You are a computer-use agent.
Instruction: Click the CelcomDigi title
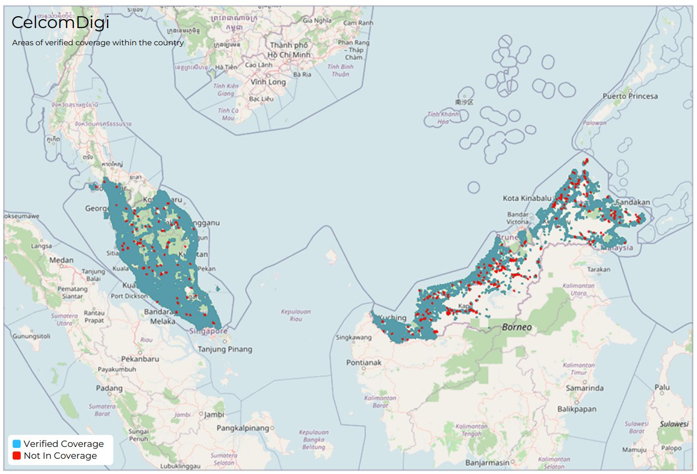coord(60,23)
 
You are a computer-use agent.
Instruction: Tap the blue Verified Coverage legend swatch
coord(17,443)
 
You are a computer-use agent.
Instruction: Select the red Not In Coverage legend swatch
coord(17,456)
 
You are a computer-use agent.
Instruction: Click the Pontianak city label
coord(364,363)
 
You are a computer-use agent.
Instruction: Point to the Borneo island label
coord(516,327)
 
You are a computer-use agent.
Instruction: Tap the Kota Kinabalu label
coord(527,198)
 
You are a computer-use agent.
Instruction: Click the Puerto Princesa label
coord(630,96)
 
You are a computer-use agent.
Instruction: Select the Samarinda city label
coord(584,388)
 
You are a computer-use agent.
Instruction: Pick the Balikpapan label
coord(576,409)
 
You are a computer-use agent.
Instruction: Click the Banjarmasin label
coord(487,463)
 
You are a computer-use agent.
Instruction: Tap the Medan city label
coord(62,260)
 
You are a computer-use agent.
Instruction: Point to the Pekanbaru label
coord(140,359)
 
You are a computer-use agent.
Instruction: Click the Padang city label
coord(109,388)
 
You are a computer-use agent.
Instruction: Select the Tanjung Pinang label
coord(225,349)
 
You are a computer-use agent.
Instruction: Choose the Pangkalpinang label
coord(243,428)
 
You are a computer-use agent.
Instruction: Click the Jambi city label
coord(214,415)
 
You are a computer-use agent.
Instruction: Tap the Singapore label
coord(209,331)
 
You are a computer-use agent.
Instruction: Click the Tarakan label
coord(599,269)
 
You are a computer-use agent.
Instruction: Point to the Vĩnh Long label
coord(268,82)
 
